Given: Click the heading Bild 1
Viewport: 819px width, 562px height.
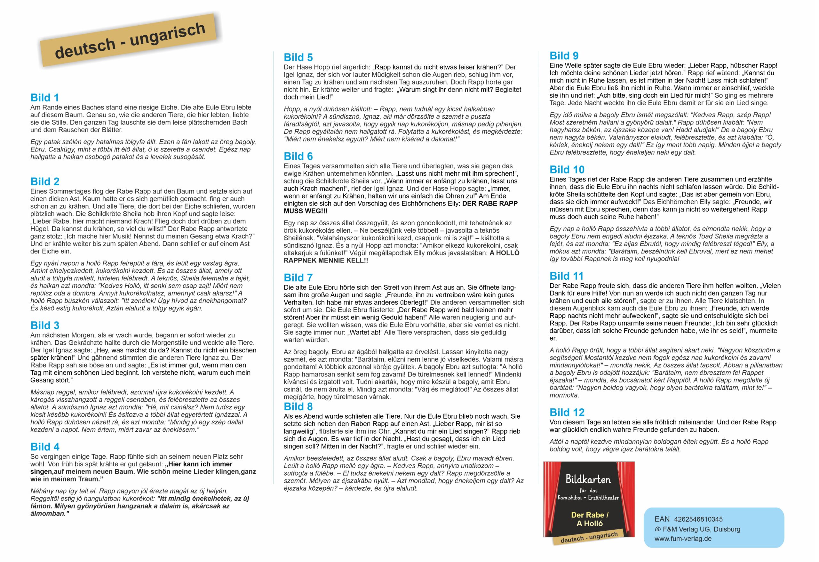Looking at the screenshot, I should (45, 98).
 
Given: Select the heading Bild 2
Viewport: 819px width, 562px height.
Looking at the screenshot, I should (45, 181).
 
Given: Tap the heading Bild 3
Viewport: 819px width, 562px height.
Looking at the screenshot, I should (45, 325).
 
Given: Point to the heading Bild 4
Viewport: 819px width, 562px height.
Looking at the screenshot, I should (45, 447).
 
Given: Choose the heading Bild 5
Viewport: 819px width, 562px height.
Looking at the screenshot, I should (298, 58).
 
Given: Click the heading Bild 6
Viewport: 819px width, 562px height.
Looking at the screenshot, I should (298, 156).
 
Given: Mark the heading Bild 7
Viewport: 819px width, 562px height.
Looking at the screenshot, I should (298, 277).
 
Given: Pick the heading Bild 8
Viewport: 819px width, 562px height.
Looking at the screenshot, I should (298, 406).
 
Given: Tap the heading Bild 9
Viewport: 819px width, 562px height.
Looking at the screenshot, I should (564, 56).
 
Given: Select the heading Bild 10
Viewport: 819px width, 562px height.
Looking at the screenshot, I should (567, 170).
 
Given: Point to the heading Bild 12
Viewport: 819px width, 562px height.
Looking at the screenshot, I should (567, 412).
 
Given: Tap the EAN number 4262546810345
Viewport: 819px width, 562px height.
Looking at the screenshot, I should (698, 519).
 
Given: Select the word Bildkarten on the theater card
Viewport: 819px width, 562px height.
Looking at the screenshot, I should (588, 479).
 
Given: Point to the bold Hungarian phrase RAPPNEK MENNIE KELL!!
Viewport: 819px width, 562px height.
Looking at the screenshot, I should (326, 261).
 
